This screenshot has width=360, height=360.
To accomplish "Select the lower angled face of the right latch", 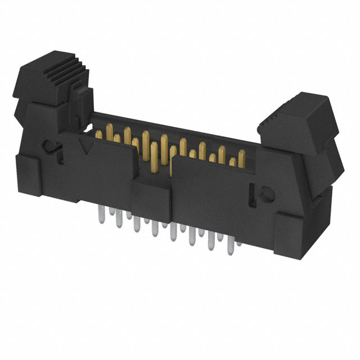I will (x=332, y=155).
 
